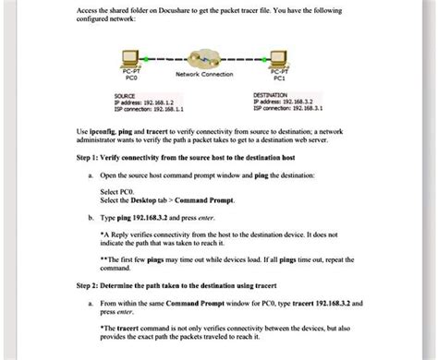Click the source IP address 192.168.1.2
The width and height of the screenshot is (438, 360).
(x=149, y=102)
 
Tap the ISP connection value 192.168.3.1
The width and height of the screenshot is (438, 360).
(x=303, y=109)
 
